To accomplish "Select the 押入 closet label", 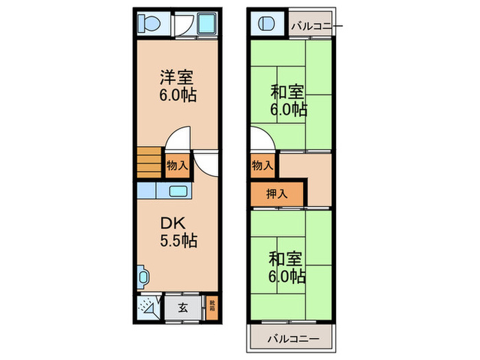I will [263, 195].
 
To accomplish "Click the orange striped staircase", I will [149, 163].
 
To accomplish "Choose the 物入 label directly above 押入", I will [262, 166].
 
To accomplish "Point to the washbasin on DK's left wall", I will [143, 277].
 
